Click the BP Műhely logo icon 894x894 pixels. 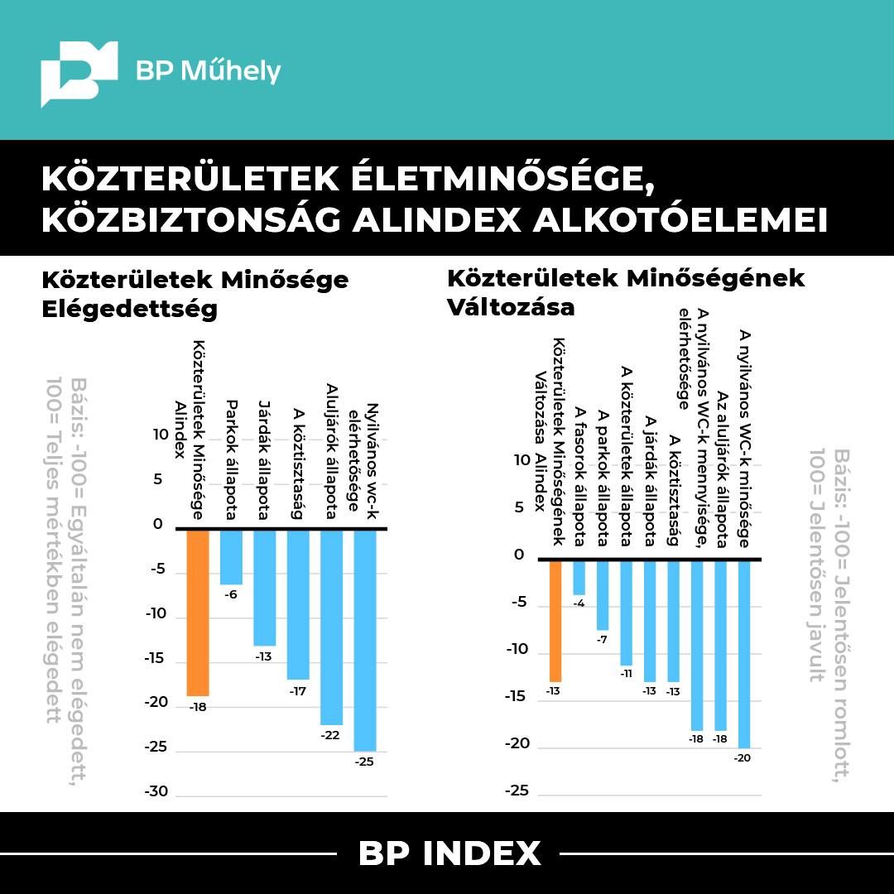click(79, 72)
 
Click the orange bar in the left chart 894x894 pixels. click(198, 613)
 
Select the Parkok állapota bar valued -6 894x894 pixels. click(231, 557)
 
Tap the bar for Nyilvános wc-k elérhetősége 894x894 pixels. click(364, 639)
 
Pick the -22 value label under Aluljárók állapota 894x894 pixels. click(331, 735)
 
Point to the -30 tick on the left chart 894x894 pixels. click(157, 791)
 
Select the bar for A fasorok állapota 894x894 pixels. click(579, 578)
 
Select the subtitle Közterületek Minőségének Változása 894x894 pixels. click(625, 291)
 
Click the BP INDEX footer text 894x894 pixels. click(449, 853)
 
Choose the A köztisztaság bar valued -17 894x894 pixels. click(298, 604)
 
